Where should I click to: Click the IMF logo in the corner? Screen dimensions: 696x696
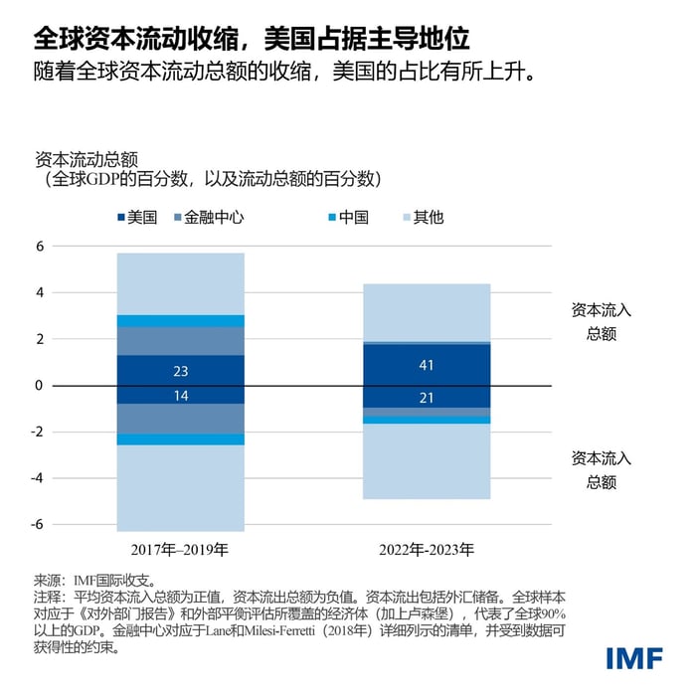[636, 658]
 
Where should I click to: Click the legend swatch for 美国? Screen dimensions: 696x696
[121, 217]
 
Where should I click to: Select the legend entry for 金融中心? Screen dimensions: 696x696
[210, 217]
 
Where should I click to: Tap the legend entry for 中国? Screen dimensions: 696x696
[345, 217]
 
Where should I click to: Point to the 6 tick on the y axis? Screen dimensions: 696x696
[41, 247]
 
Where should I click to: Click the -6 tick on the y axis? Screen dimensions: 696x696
[39, 524]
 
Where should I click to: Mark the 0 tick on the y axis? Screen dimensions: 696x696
[41, 386]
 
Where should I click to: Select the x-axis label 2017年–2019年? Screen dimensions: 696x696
[180, 549]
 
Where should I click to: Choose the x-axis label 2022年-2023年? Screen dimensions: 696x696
[427, 549]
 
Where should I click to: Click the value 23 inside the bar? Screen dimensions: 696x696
[180, 371]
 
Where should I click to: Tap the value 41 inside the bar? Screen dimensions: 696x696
[427, 365]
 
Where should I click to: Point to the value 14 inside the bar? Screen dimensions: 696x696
[180, 395]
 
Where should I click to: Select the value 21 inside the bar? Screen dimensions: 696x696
[427, 398]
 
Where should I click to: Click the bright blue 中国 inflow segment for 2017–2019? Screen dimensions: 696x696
[180, 321]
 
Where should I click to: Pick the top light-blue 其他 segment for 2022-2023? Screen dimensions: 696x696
[427, 312]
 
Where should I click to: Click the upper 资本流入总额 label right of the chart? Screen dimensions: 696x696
[601, 321]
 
